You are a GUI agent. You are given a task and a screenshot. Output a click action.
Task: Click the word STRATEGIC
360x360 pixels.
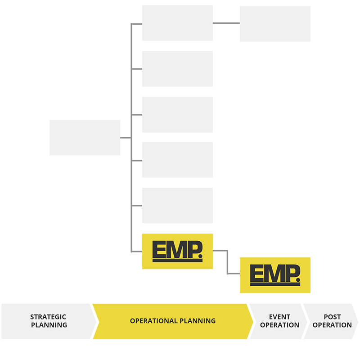pyautogui.click(x=48, y=317)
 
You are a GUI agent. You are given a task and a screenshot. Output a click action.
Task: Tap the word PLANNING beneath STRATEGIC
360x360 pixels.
pyautogui.click(x=49, y=325)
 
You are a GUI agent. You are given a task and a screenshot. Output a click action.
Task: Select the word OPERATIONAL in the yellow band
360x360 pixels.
pyautogui.click(x=154, y=321)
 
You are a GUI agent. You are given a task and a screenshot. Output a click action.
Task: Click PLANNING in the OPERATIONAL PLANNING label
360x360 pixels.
pyautogui.click(x=198, y=321)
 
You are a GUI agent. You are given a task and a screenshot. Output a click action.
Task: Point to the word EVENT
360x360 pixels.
pyautogui.click(x=279, y=317)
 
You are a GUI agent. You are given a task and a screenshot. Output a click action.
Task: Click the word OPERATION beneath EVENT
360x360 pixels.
pyautogui.click(x=279, y=325)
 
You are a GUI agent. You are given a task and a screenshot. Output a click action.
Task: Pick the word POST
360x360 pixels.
pyautogui.click(x=332, y=317)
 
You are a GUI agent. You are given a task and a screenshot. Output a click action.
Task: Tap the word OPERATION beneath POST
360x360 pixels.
pyautogui.click(x=332, y=325)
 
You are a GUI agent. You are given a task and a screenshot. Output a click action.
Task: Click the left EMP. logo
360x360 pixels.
pyautogui.click(x=177, y=252)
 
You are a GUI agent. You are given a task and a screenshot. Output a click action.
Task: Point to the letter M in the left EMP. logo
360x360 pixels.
pyautogui.click(x=175, y=250)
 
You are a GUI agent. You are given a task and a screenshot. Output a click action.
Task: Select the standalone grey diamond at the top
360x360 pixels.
pyautogui.click(x=225, y=23)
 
